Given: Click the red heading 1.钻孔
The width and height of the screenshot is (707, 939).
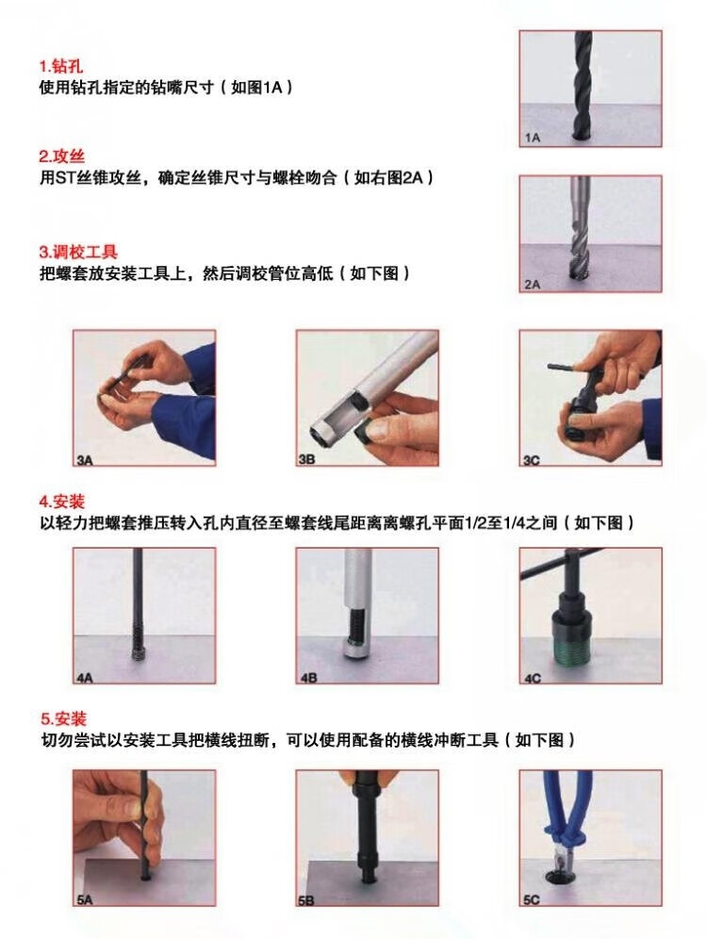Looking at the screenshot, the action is point(61,66).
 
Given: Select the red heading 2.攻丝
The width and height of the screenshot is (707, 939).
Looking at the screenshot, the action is point(62,156).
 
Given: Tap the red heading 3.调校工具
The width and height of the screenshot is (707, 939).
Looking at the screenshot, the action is point(78,252).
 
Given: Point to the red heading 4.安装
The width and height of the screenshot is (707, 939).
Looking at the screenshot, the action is point(62,502).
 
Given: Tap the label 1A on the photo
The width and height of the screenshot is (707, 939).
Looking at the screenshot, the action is point(533,138).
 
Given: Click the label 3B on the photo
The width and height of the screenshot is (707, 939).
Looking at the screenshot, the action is point(306,459).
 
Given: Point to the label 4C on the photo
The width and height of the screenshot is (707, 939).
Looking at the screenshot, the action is point(533,678).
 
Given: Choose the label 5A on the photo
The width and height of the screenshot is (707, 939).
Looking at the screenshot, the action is point(85,899).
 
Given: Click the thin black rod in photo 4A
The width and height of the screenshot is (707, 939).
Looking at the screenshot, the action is point(138,601).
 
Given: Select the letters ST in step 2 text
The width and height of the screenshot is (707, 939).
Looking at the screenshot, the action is point(65,178).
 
